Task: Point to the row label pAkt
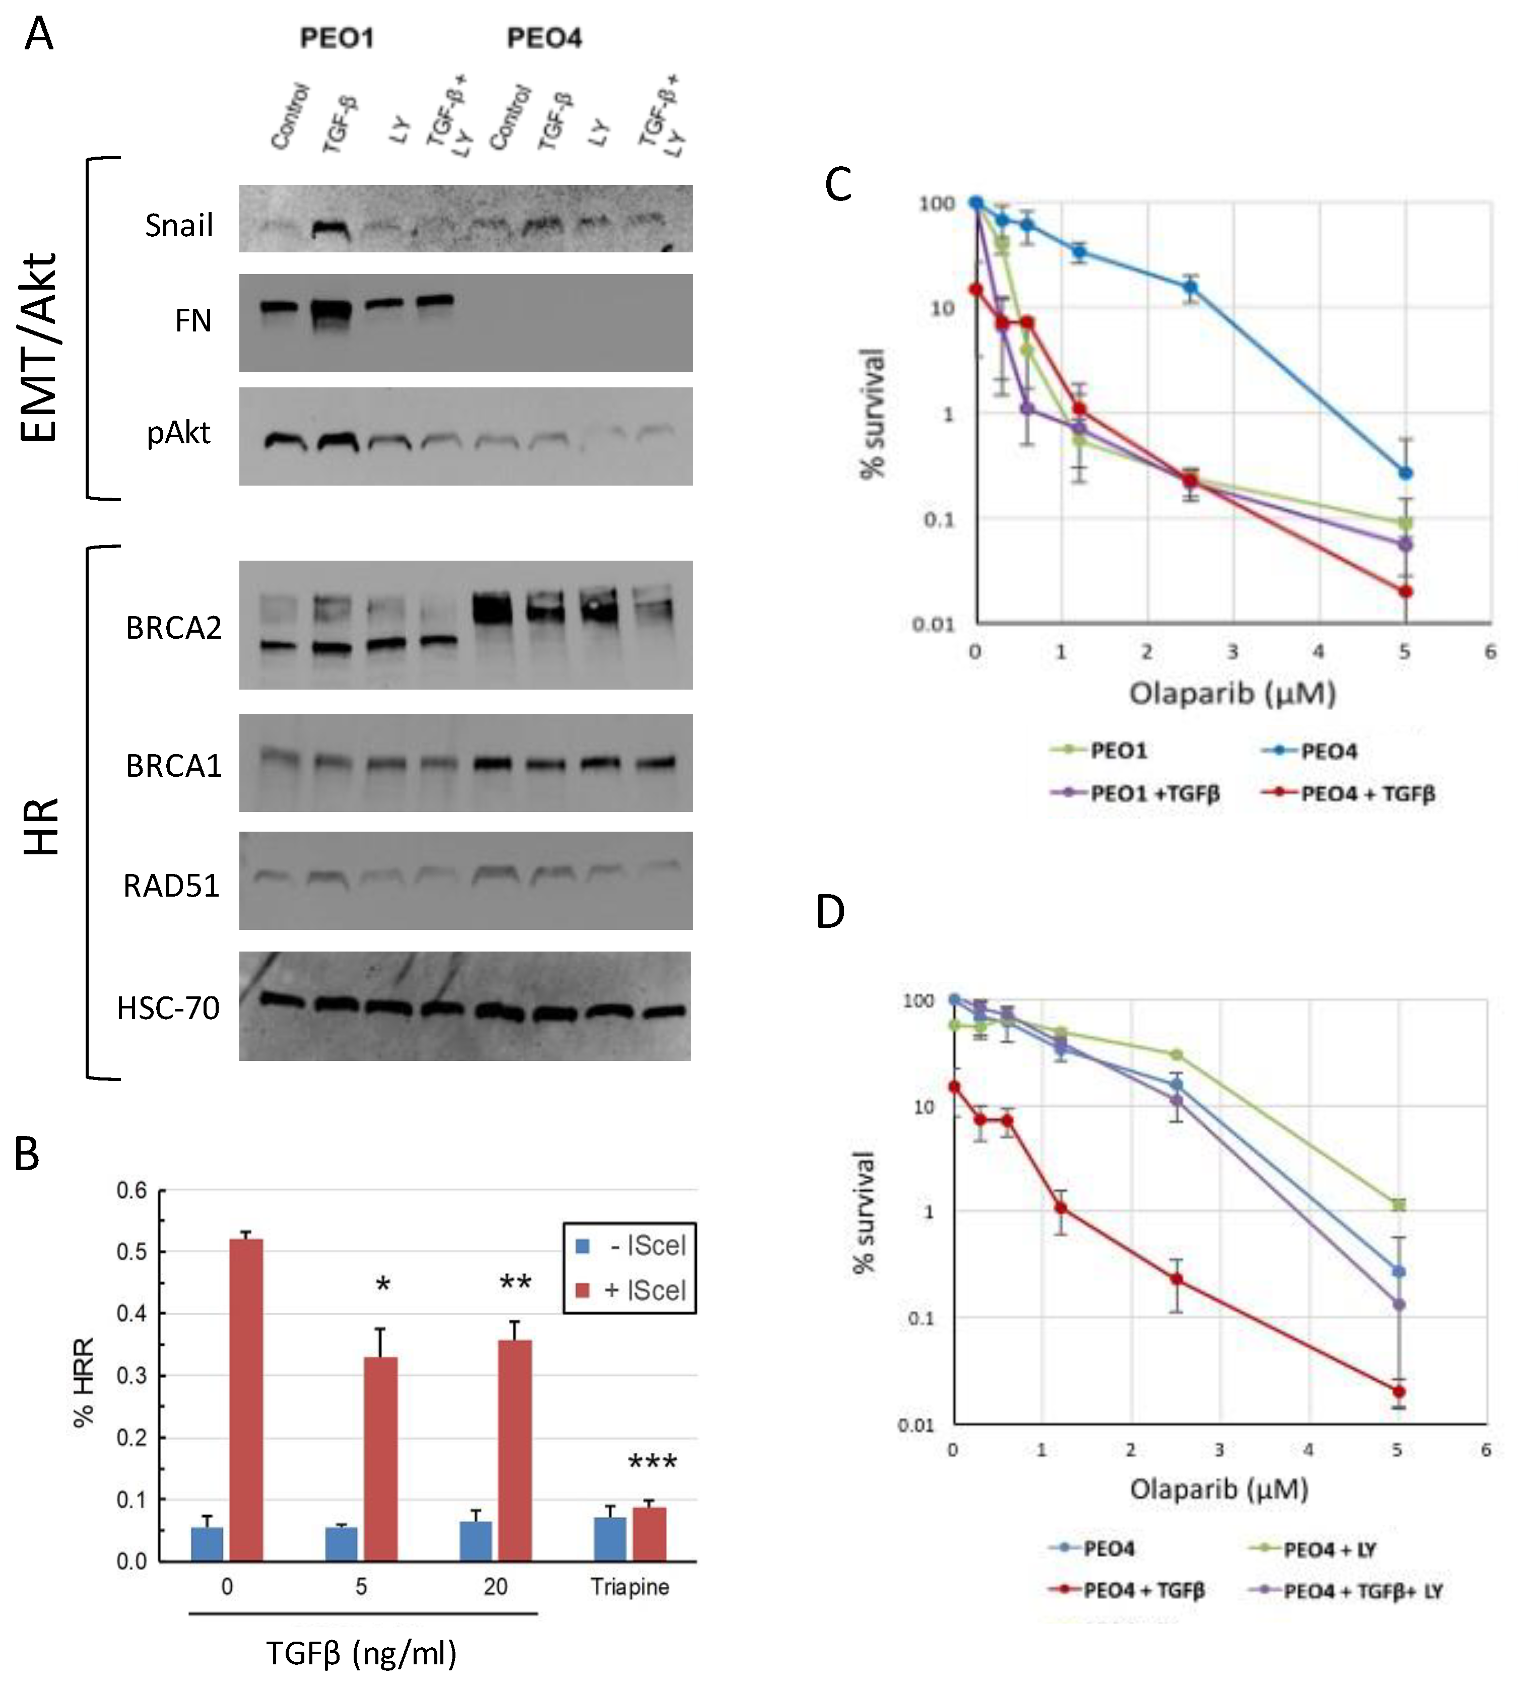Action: pyautogui.click(x=178, y=434)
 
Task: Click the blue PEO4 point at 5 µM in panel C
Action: pyautogui.click(x=1405, y=473)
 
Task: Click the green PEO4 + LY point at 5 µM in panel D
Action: pyautogui.click(x=1399, y=1204)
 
